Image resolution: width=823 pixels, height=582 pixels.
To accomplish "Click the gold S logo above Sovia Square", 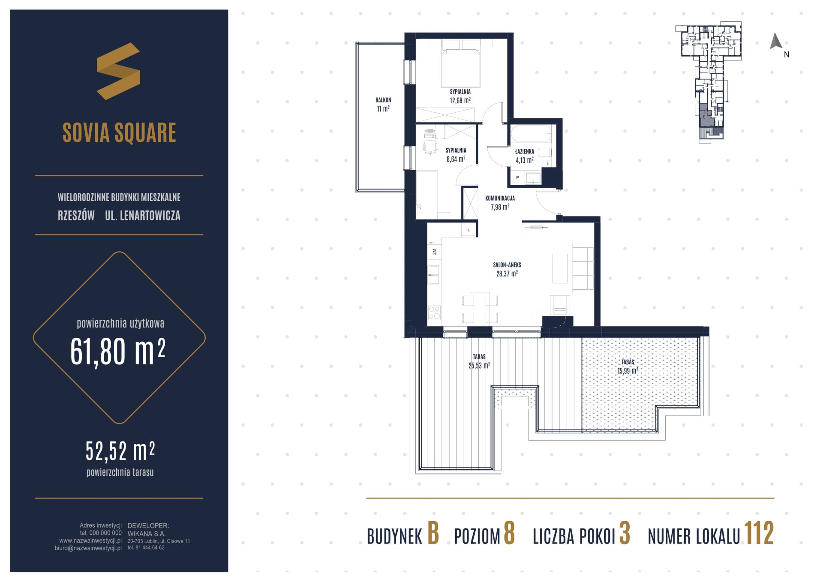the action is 118,71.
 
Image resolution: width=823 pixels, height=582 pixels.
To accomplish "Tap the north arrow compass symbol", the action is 776,42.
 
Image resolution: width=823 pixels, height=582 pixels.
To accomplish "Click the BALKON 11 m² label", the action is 383,105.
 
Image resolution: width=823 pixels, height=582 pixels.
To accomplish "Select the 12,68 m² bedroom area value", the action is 460,101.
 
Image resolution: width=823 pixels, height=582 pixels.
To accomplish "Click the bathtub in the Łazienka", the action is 531,134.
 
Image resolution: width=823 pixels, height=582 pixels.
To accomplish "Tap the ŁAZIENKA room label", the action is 524,151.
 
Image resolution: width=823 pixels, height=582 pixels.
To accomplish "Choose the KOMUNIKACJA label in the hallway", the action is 500,198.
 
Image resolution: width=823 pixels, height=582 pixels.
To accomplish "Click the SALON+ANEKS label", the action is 507,265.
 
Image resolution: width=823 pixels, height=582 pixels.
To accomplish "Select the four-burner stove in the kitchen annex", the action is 434,312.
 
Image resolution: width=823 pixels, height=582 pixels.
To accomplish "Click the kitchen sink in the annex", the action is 434,275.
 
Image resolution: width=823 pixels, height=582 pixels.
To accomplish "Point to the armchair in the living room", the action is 560,305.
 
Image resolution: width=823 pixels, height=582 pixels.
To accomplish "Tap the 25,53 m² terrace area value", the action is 479,366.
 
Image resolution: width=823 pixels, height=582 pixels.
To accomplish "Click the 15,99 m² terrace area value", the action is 628,371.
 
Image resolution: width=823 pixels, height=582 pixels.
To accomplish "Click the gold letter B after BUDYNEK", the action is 433,534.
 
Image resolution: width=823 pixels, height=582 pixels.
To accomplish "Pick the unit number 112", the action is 759,534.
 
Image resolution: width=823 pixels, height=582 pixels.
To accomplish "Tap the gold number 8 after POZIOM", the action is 509,534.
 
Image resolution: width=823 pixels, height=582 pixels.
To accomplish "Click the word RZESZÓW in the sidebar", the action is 76,216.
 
